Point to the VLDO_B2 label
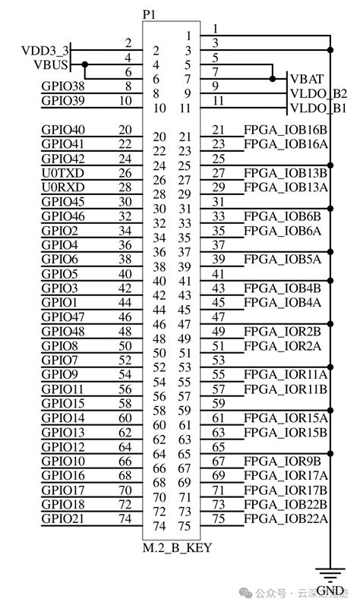pyautogui.click(x=318, y=93)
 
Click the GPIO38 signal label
pyautogui.click(x=63, y=86)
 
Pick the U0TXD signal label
pyautogui.click(x=63, y=172)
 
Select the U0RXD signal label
pyautogui.click(x=63, y=187)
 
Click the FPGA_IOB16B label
pyautogui.click(x=286, y=129)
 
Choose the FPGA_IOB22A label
pyautogui.click(x=286, y=518)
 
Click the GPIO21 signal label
pyautogui.click(x=63, y=518)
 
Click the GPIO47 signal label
pyautogui.click(x=63, y=317)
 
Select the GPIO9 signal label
pyautogui.click(x=60, y=374)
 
